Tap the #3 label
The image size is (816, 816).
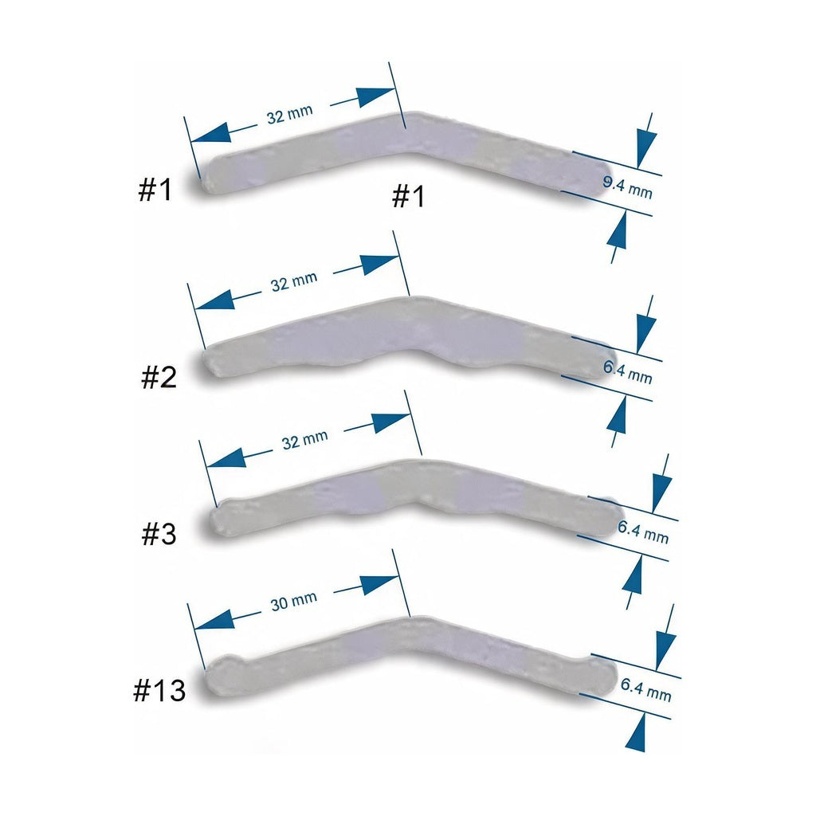pos(159,534)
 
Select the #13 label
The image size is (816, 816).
pos(159,690)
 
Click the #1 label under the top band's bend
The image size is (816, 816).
pos(409,196)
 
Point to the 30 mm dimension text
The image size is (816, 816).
pos(293,601)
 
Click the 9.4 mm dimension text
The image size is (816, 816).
pos(628,188)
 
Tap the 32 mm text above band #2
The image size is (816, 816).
pos(294,281)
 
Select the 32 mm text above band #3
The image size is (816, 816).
pos(305,440)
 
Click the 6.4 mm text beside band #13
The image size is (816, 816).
pos(645,689)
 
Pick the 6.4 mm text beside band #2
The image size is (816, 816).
pos(628,372)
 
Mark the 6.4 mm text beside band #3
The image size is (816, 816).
pos(643,532)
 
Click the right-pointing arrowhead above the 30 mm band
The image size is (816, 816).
pos(380,584)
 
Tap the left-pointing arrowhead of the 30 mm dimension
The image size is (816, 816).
pos(214,619)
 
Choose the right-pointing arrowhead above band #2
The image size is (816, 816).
pos(380,265)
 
